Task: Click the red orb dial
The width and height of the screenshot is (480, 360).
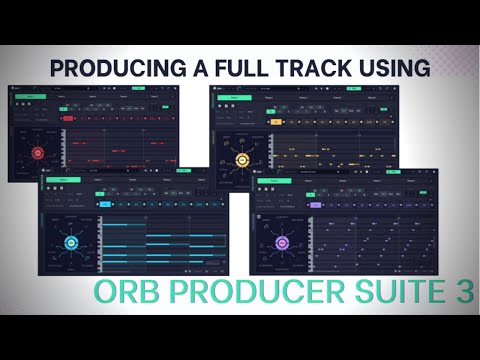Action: point(38,153)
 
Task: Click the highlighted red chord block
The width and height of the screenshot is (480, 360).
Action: point(69,118)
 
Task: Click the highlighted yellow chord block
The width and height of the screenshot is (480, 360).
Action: point(275,121)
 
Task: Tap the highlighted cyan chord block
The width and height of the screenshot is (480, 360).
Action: point(103,203)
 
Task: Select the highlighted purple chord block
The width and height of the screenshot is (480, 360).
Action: point(316,204)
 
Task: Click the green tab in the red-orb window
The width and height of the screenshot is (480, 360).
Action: point(32,98)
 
